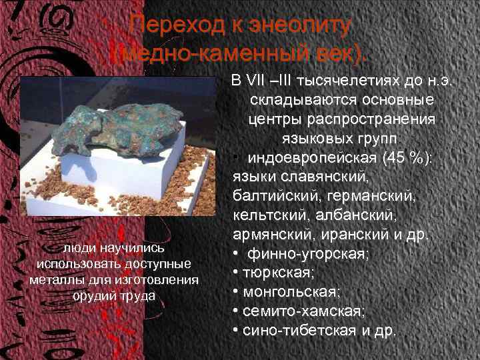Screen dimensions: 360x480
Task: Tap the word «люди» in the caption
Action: (76, 248)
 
